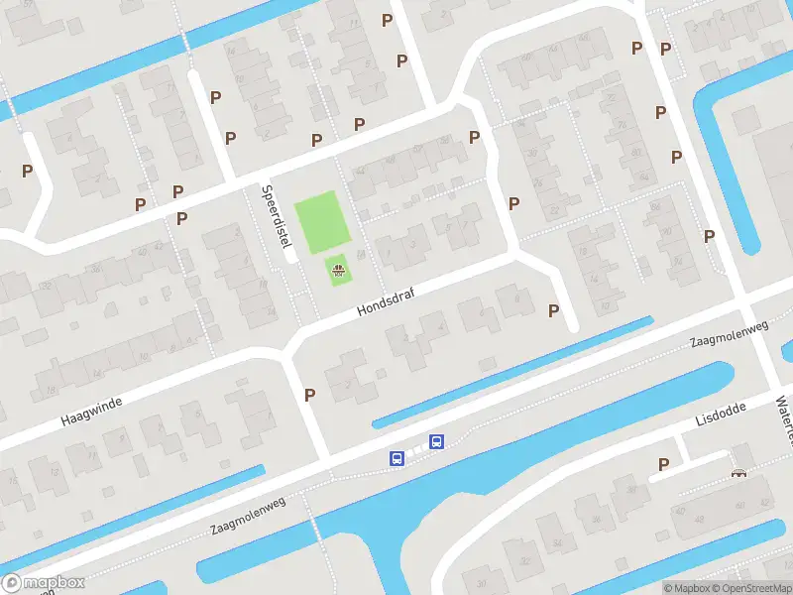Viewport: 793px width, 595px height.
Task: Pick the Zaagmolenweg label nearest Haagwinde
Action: click(x=248, y=517)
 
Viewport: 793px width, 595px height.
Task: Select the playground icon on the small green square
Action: click(x=339, y=269)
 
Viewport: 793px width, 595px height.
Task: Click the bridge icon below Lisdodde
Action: click(x=738, y=474)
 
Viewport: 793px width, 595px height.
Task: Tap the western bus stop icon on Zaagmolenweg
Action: click(x=396, y=458)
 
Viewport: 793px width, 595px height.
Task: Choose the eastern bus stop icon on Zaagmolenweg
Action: click(x=435, y=441)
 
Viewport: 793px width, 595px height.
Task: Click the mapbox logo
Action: click(x=45, y=582)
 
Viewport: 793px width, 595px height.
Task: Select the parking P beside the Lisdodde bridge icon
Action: click(x=663, y=464)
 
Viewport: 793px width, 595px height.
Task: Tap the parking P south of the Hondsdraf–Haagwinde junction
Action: click(x=309, y=395)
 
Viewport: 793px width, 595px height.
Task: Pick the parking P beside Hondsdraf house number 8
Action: click(x=553, y=310)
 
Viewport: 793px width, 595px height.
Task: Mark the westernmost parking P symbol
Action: click(x=28, y=171)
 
